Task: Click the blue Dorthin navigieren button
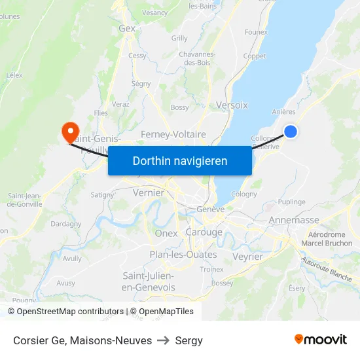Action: click(x=180, y=160)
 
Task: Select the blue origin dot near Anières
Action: click(x=291, y=132)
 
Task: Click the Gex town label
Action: click(x=127, y=28)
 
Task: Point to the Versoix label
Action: click(x=232, y=105)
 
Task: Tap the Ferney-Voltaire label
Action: click(x=173, y=134)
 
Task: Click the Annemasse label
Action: click(x=294, y=220)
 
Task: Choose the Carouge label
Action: click(x=204, y=232)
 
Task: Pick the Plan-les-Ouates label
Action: click(x=174, y=255)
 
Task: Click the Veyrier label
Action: click(x=247, y=257)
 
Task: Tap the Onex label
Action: click(x=166, y=233)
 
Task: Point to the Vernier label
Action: click(x=148, y=193)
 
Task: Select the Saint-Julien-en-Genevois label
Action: click(x=149, y=281)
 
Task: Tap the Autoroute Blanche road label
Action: click(x=327, y=268)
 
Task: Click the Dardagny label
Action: click(x=66, y=223)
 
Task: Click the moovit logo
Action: click(x=321, y=340)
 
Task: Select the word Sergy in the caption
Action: click(x=189, y=340)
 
